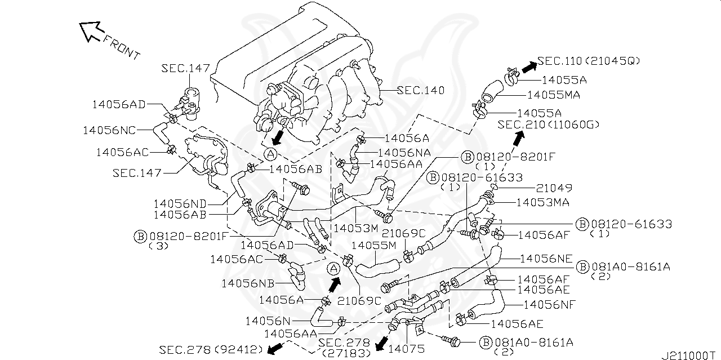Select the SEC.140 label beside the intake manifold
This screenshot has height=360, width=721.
[x=420, y=90]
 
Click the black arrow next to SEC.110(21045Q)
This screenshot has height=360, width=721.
[x=528, y=67]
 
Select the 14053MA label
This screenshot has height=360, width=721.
[x=542, y=202]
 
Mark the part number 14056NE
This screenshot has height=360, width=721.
[x=546, y=259]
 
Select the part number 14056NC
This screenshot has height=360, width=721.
[x=109, y=130]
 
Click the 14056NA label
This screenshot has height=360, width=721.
[x=404, y=152]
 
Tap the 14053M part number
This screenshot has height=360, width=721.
[x=355, y=228]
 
